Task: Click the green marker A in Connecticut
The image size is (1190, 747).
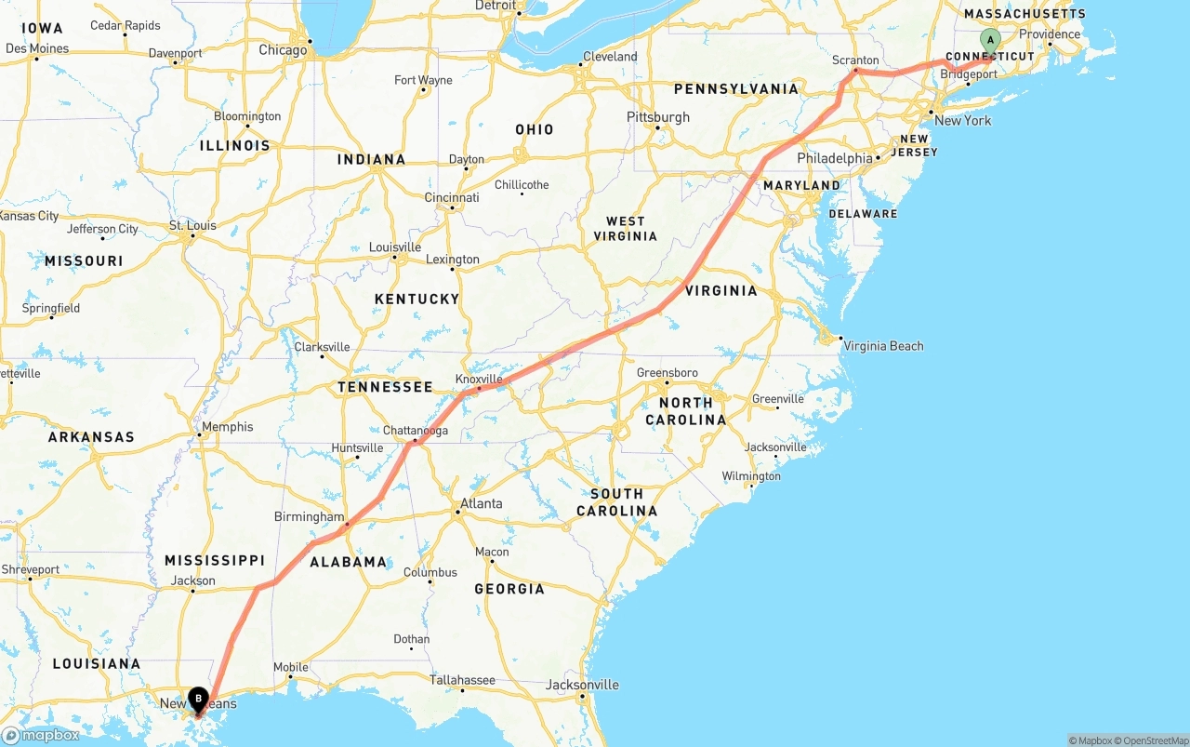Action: pos(990,40)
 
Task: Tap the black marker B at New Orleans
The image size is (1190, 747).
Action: pos(198,699)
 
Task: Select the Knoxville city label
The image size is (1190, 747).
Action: pos(479,380)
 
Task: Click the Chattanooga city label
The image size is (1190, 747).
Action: pos(416,431)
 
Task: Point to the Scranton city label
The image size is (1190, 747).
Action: pos(855,60)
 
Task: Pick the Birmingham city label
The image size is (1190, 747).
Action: pos(309,517)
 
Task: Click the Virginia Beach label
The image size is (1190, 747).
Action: pos(883,346)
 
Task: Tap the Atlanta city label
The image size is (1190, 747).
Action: pos(481,504)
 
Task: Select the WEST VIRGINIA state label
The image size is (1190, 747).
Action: pos(625,229)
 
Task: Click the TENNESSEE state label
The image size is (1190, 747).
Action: pos(385,387)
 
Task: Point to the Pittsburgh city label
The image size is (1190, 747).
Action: pos(658,117)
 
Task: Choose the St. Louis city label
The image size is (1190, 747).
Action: pos(192,226)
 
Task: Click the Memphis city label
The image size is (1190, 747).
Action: pos(227,427)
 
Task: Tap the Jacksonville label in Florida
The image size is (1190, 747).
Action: pos(582,686)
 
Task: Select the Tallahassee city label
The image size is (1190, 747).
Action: pos(462,680)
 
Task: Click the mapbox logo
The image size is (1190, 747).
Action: pos(41,736)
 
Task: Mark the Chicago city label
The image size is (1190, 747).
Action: pos(283,50)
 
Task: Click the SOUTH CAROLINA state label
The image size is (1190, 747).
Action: pos(616,502)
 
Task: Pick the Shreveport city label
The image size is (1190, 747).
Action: pos(31,569)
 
